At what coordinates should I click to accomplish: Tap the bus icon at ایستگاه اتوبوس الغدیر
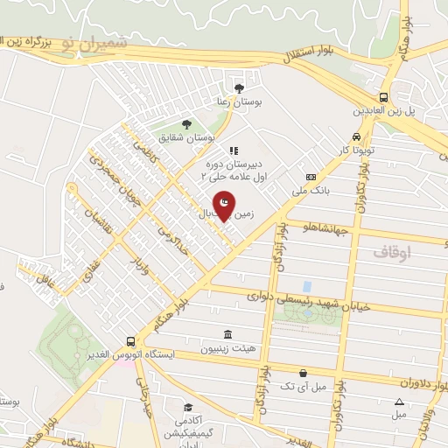130,341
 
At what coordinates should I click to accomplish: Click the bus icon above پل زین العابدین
383,98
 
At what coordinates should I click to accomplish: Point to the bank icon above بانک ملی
311,176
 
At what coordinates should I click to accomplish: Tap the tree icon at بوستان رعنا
240,87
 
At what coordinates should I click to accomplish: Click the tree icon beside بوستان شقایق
185,124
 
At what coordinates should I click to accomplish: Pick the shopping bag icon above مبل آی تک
303,372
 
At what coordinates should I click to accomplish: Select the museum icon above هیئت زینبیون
228,335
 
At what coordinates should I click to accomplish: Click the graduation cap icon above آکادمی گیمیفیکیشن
188,408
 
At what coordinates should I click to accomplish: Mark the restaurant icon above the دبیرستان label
234,150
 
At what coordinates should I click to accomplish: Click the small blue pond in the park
307,286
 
